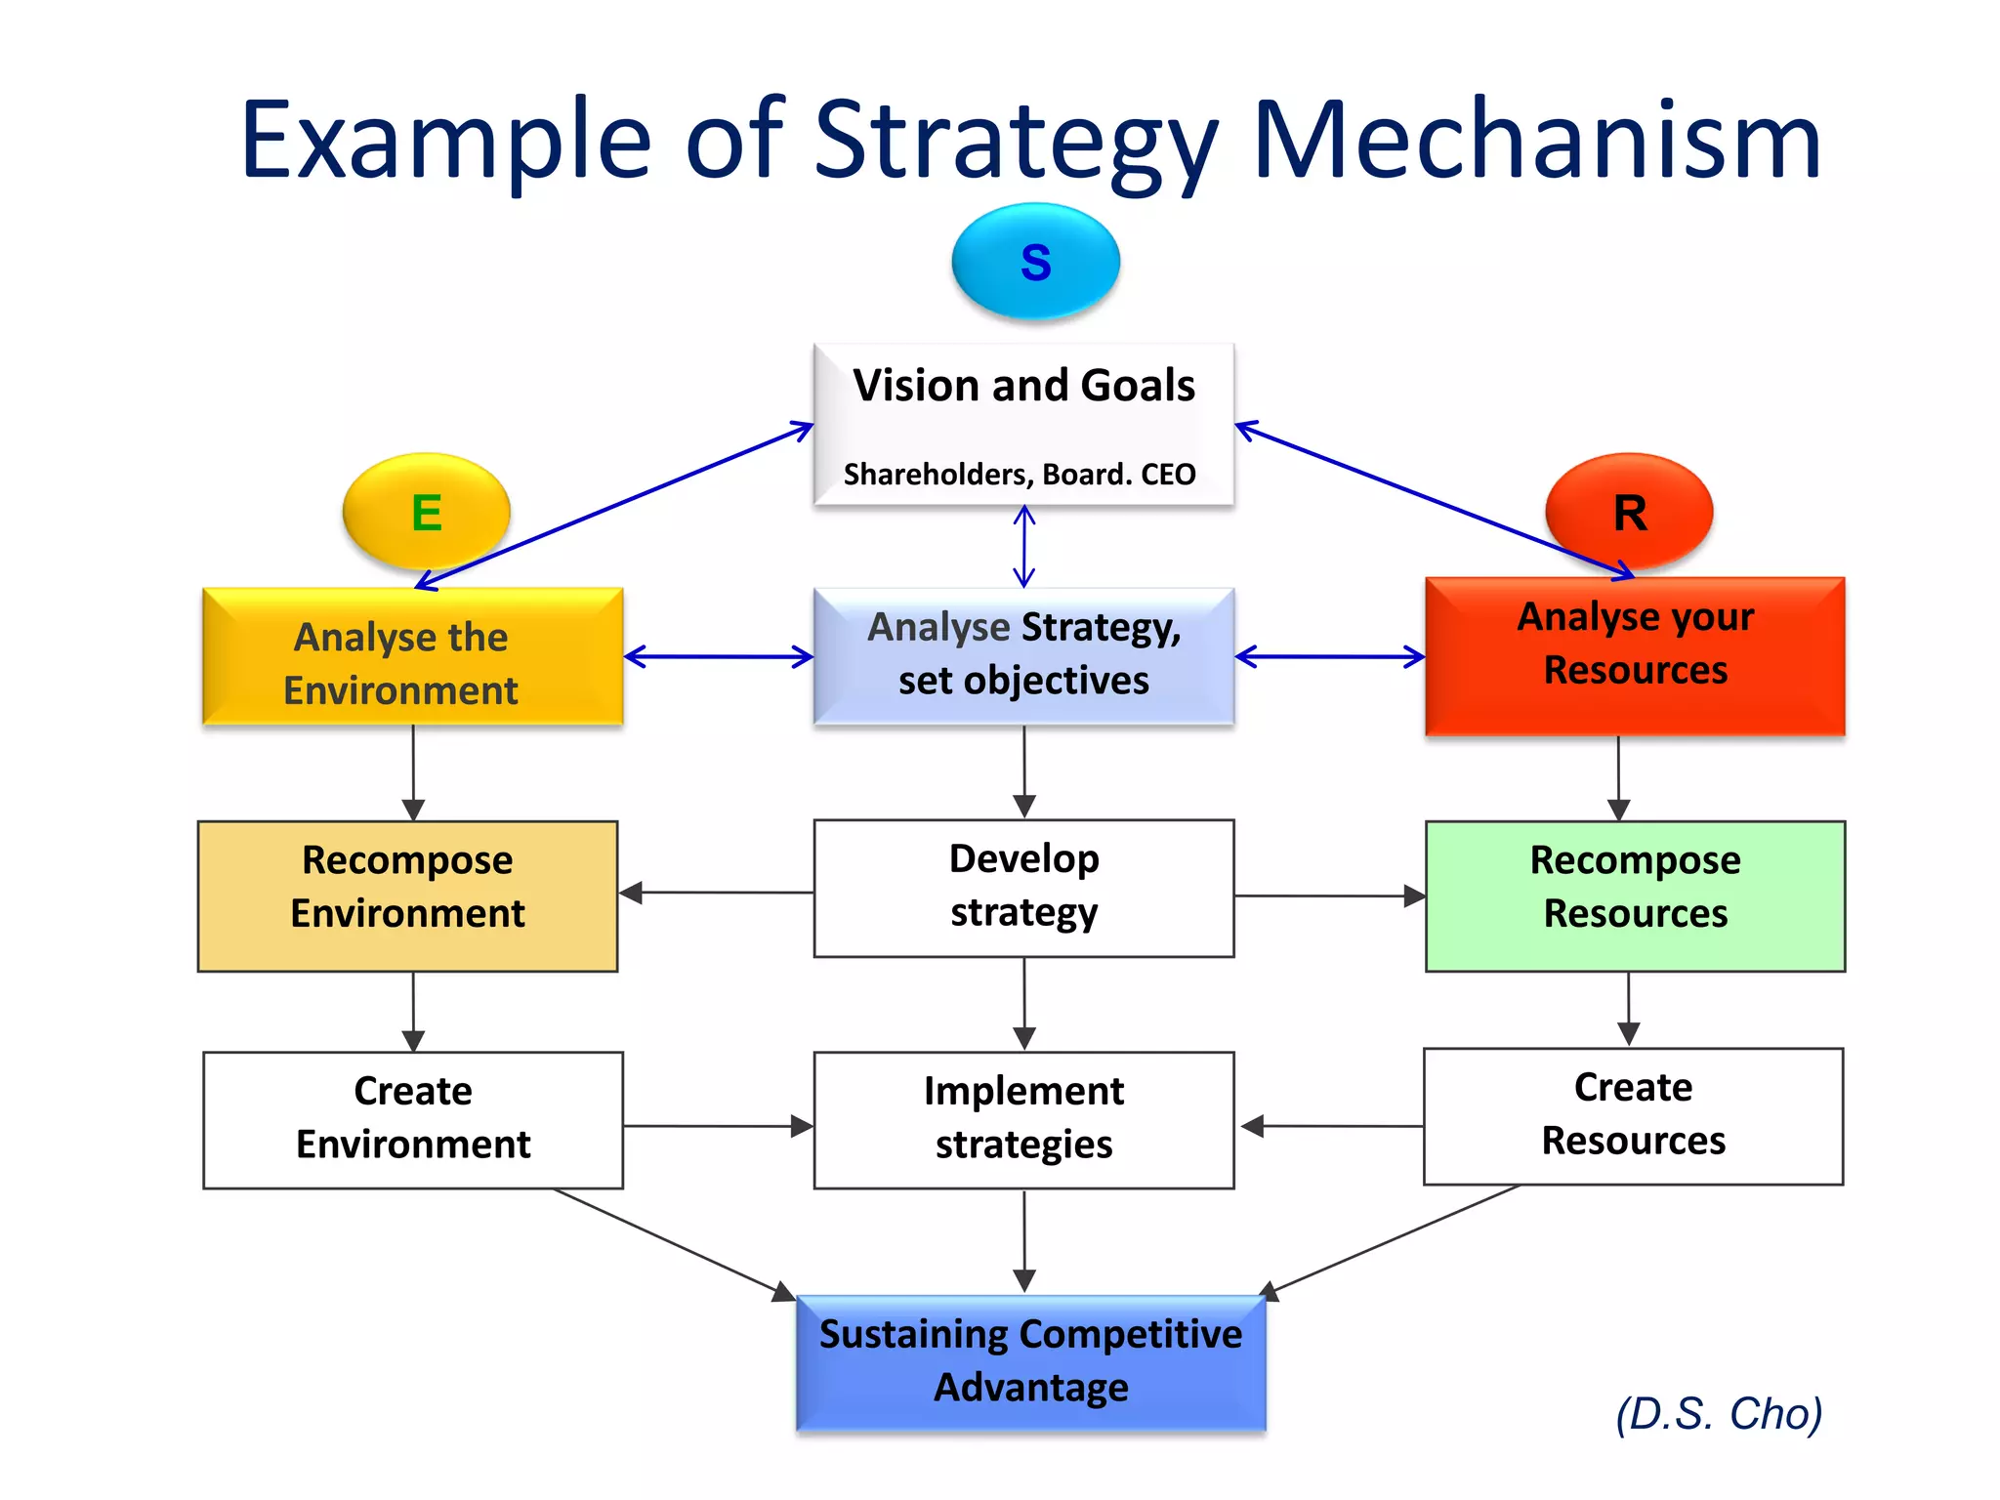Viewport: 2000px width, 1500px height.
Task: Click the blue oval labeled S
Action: pyautogui.click(x=1035, y=262)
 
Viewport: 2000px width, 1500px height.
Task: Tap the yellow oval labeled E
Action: pyautogui.click(x=426, y=512)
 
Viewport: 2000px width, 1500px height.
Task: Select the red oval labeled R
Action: pyautogui.click(x=1629, y=512)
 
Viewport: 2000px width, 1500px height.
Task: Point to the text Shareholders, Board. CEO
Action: pyautogui.click(x=1020, y=475)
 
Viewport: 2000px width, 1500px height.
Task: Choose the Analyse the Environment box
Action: pyautogui.click(x=412, y=657)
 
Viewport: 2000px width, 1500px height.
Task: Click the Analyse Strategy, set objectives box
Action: pyautogui.click(x=1023, y=655)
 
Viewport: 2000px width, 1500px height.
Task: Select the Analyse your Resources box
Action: pyautogui.click(x=1635, y=655)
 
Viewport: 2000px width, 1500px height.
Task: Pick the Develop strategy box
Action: pyautogui.click(x=1023, y=888)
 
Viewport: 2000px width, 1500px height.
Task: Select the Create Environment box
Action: pyautogui.click(x=412, y=1119)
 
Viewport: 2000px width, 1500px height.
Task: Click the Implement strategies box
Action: pyautogui.click(x=1023, y=1119)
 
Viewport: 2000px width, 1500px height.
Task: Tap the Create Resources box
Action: pyautogui.click(x=1633, y=1116)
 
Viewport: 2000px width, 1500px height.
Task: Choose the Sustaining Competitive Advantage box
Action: pyautogui.click(x=1030, y=1362)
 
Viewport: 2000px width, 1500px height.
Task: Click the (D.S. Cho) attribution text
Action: pyautogui.click(x=1719, y=1414)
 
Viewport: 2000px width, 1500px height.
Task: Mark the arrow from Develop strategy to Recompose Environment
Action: pyautogui.click(x=717, y=893)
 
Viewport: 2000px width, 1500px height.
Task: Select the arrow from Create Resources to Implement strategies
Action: pyautogui.click(x=1332, y=1126)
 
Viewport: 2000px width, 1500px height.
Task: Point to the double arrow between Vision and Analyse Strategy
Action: pyautogui.click(x=1023, y=547)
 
